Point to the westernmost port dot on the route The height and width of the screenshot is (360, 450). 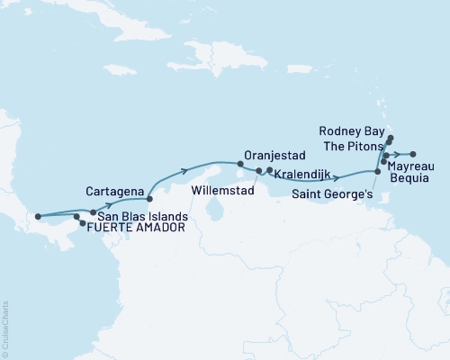click(37, 216)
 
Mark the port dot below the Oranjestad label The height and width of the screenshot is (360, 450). click(239, 164)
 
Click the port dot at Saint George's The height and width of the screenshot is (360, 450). click(377, 171)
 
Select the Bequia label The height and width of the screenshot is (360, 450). click(416, 179)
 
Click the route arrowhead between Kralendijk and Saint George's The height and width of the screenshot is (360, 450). click(338, 177)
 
